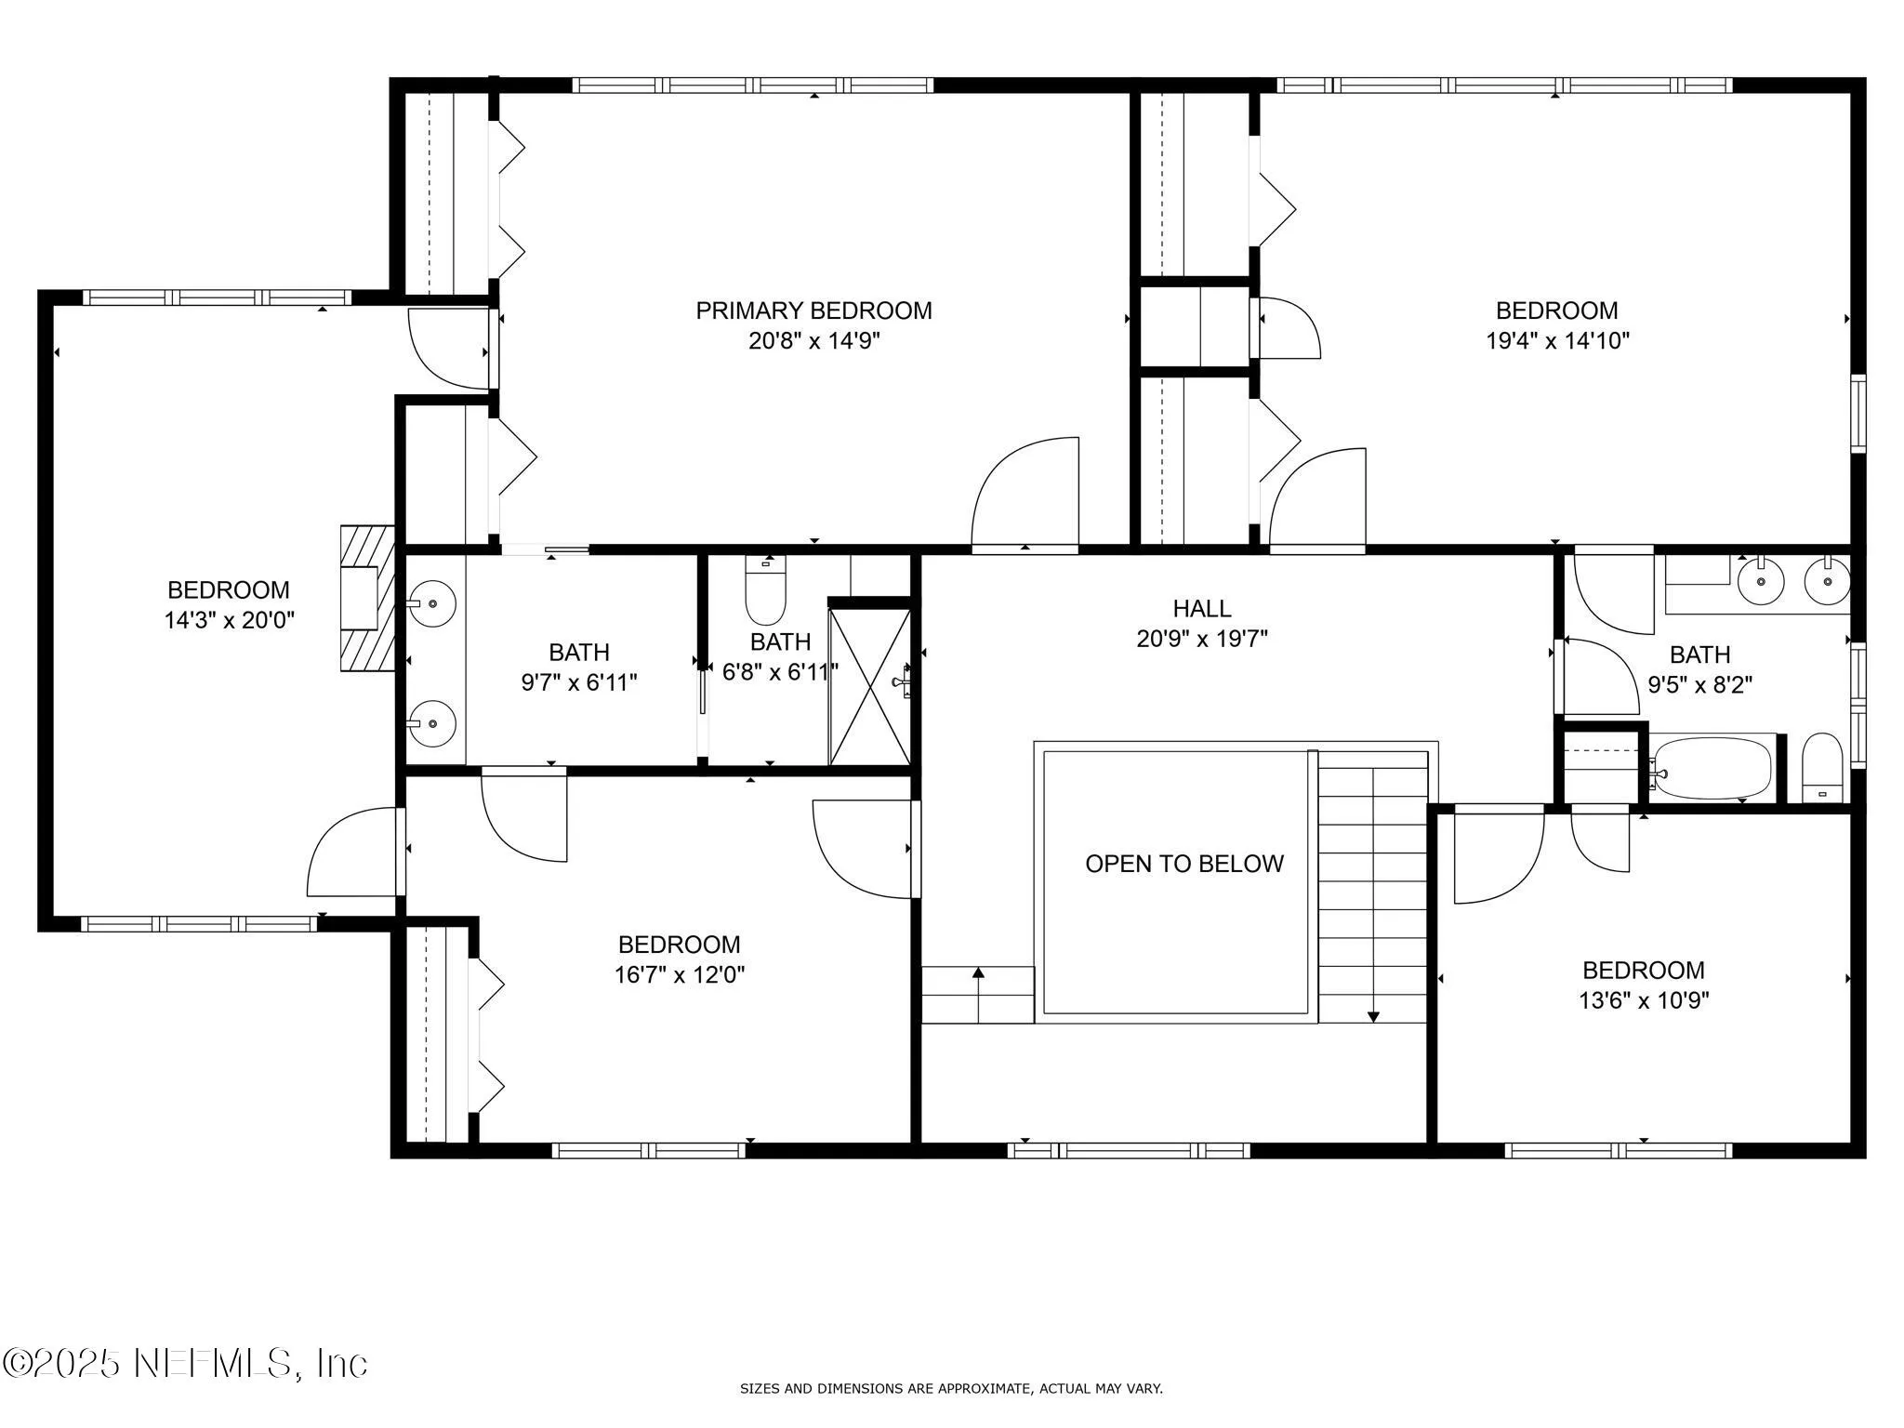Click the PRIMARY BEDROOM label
point(813,311)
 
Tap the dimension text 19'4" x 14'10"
point(1556,341)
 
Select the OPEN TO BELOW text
point(1183,864)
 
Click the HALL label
point(1201,609)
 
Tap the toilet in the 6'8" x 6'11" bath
point(765,592)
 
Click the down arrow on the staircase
point(1373,1015)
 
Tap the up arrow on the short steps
point(978,974)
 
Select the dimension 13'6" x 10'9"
point(1643,1000)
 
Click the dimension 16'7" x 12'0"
point(679,974)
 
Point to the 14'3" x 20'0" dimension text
point(229,620)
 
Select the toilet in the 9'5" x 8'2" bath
point(1821,768)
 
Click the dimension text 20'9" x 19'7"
point(1201,640)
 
